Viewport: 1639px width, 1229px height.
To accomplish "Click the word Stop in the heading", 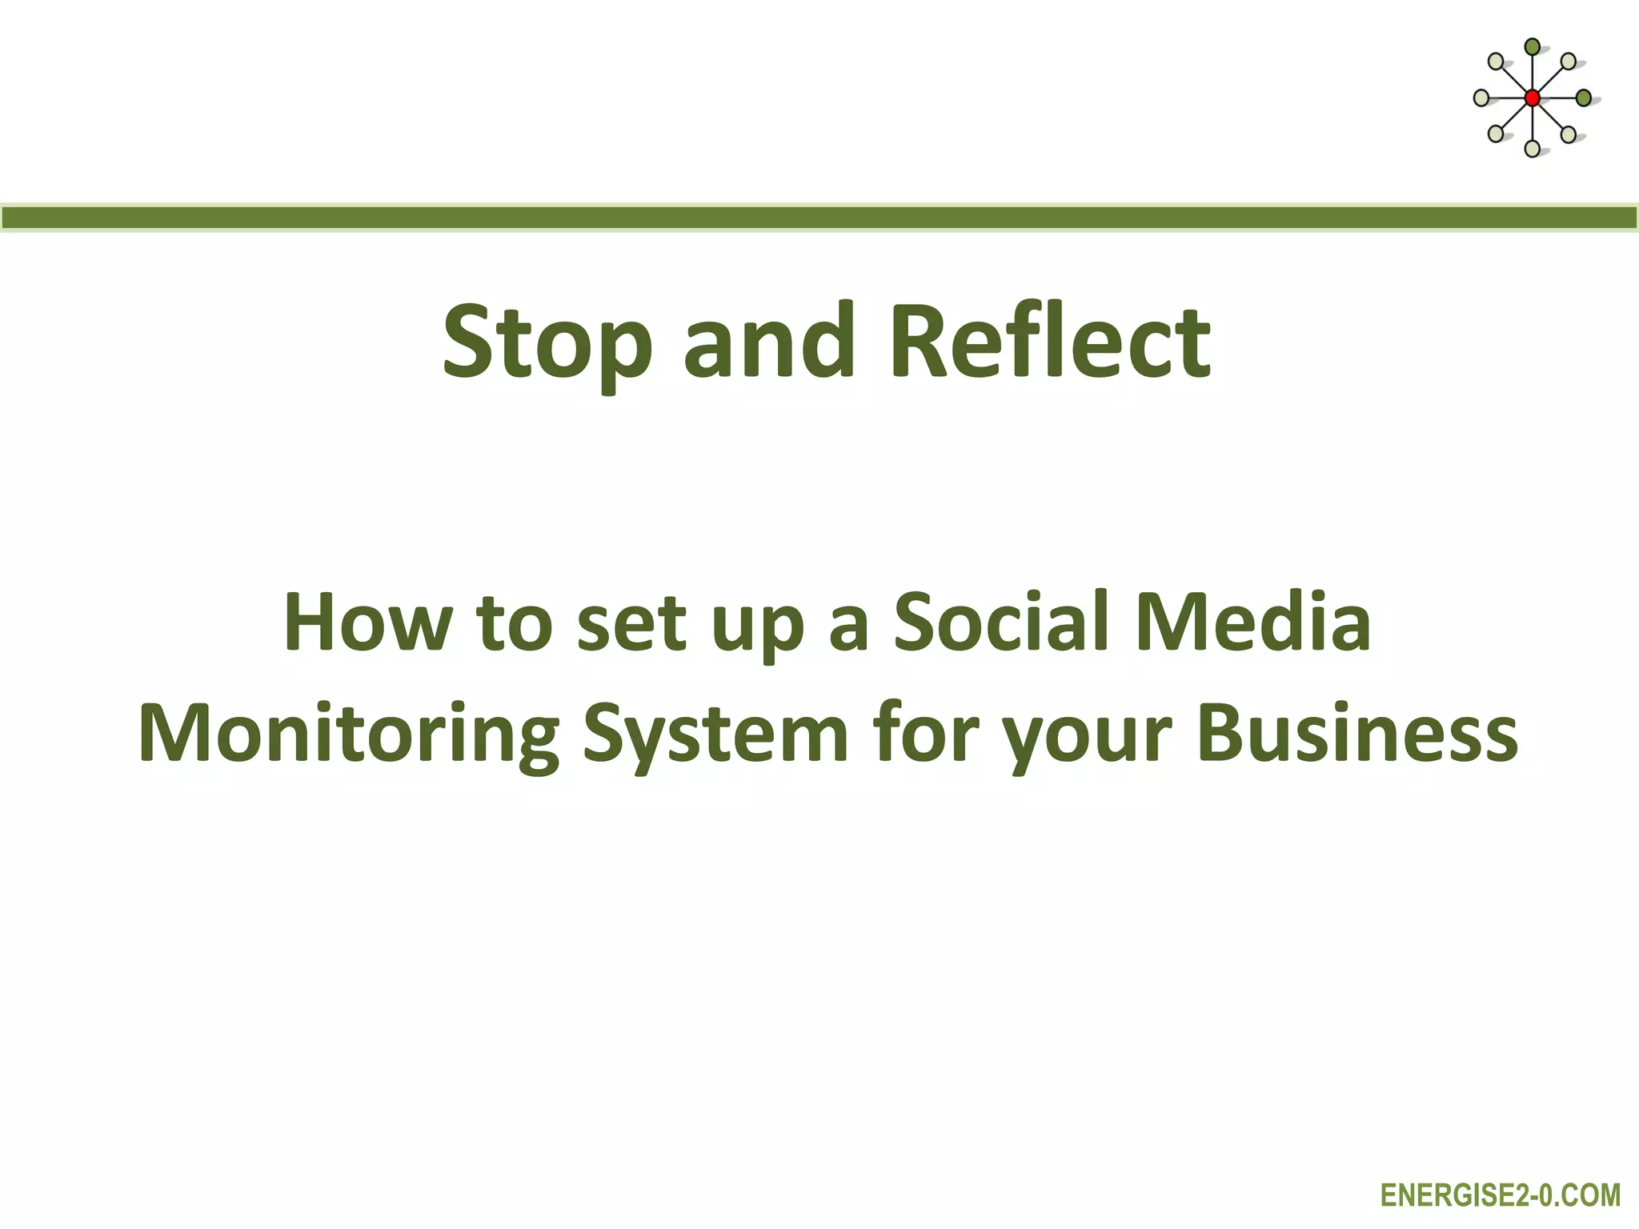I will pyautogui.click(x=547, y=342).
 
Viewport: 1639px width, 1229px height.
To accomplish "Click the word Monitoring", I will pyautogui.click(x=349, y=735).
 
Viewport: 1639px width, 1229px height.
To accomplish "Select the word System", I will pyautogui.click(x=715, y=735).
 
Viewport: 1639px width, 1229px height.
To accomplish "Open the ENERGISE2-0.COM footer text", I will pyautogui.click(x=1501, y=1195).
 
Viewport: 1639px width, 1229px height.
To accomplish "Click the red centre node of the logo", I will pyautogui.click(x=1532, y=98).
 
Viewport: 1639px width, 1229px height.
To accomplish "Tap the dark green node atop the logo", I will pyautogui.click(x=1532, y=47).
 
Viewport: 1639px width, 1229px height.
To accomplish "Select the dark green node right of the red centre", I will pyautogui.click(x=1583, y=98).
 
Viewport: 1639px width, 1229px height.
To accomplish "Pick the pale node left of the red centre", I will pyautogui.click(x=1481, y=98).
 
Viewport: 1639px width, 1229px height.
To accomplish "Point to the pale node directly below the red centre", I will pyautogui.click(x=1532, y=148).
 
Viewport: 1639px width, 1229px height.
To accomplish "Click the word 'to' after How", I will pyautogui.click(x=513, y=623).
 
